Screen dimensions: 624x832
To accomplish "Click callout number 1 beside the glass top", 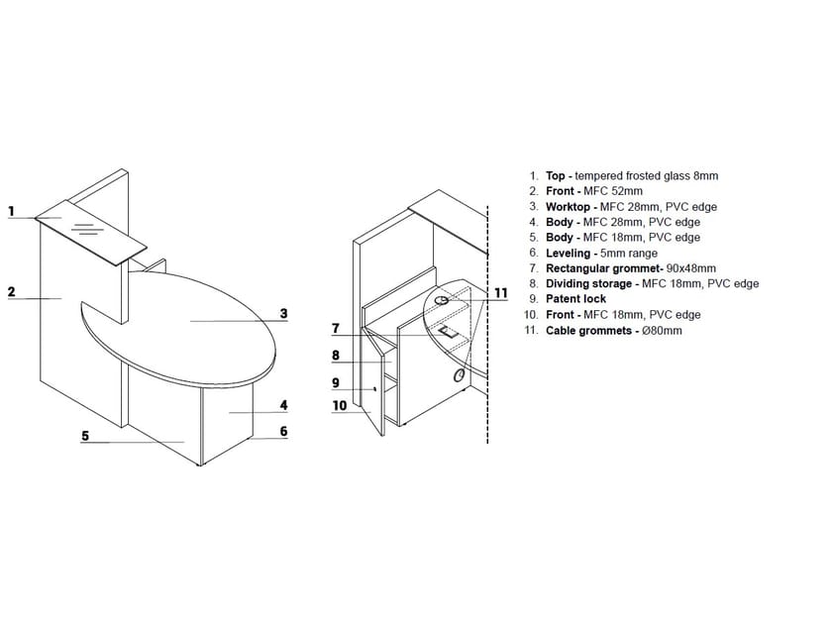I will coord(11,210).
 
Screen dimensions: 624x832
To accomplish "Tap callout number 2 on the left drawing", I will coord(11,291).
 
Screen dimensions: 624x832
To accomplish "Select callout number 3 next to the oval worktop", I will coord(283,314).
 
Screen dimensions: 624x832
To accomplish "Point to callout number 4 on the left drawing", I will coord(283,405).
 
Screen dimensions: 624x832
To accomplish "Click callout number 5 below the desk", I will coord(86,435).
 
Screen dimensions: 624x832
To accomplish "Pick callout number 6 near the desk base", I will coord(283,431).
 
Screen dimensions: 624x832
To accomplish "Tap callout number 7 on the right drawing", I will coord(337,328).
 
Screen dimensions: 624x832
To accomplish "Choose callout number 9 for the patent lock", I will coord(337,382).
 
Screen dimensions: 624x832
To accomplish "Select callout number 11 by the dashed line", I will coord(500,292).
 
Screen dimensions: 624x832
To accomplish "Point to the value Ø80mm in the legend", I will coord(662,330).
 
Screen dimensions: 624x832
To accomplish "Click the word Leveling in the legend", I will coord(569,253).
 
